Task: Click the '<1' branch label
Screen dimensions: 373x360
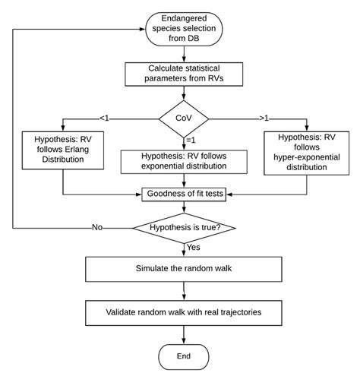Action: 105,117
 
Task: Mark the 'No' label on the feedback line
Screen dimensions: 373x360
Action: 97,226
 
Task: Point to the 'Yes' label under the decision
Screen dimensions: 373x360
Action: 194,247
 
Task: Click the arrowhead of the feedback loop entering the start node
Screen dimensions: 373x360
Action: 144,28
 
